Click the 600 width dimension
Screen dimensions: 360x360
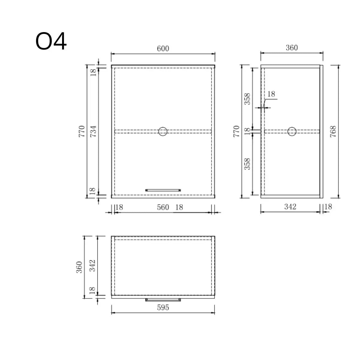(x=163, y=49)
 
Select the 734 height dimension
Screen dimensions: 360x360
(x=94, y=131)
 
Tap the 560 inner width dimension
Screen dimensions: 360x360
(x=163, y=207)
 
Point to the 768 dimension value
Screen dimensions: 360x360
(x=333, y=131)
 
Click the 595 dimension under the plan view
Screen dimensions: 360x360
(x=163, y=307)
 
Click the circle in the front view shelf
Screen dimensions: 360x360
(x=163, y=131)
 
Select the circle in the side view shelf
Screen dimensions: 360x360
(x=292, y=131)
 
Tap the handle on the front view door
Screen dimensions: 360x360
(x=163, y=190)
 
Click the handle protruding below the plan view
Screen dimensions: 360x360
(x=163, y=299)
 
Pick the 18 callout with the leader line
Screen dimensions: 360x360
(x=271, y=94)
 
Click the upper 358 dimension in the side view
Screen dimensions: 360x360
(x=247, y=99)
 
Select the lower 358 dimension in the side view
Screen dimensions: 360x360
(x=247, y=164)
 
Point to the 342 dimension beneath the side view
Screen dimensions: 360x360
(x=290, y=207)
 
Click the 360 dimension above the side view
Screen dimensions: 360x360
(x=292, y=48)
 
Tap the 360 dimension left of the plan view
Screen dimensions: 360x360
(x=79, y=267)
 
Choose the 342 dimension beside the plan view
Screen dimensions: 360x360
(x=93, y=265)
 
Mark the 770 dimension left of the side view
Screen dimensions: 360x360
(x=237, y=131)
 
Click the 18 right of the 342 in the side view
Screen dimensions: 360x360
(x=328, y=207)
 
